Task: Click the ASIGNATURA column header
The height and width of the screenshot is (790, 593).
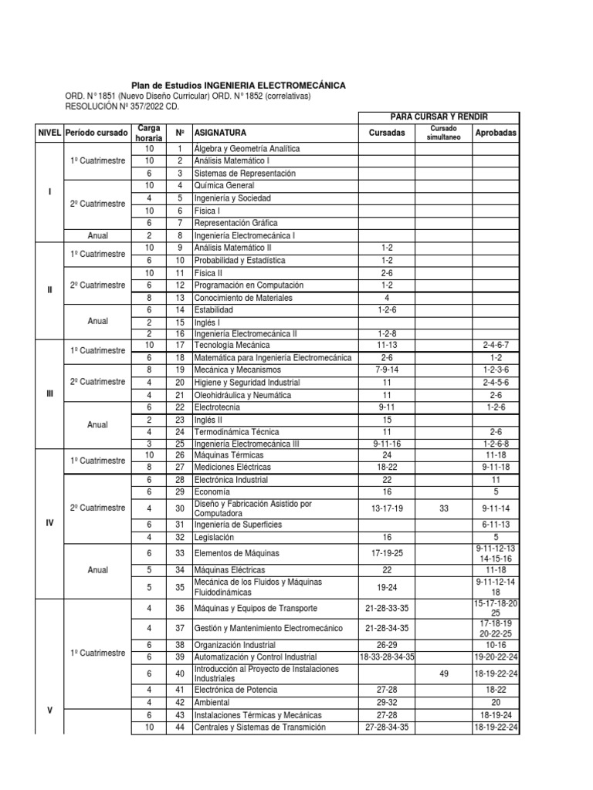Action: click(x=221, y=133)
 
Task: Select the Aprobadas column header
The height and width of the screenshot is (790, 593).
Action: click(x=496, y=133)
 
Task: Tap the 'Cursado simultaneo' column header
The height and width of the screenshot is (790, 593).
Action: click(x=443, y=133)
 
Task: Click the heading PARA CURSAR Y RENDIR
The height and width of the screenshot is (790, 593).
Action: click(x=439, y=116)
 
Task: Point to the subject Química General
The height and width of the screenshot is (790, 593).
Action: click(x=224, y=186)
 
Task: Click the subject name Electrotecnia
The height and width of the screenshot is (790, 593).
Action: click(x=219, y=407)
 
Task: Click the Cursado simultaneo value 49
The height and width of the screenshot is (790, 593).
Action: click(x=443, y=673)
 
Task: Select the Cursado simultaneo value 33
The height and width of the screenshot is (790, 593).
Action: click(x=443, y=508)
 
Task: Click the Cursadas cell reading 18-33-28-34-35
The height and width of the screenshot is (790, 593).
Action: click(x=387, y=656)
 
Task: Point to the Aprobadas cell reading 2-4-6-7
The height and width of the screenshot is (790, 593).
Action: click(x=496, y=346)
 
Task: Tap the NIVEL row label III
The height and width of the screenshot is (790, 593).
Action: click(x=50, y=394)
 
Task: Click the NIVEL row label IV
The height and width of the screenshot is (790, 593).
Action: click(x=50, y=522)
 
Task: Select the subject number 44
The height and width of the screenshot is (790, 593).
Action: click(x=179, y=728)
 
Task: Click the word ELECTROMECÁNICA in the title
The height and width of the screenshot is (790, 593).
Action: click(x=296, y=86)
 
